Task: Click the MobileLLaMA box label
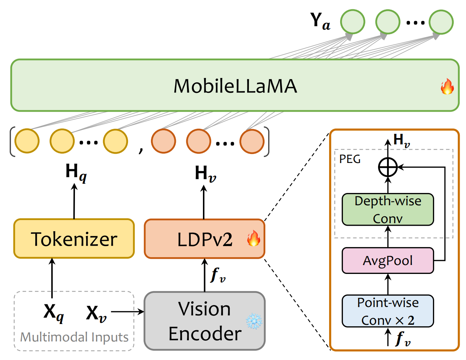tap(235, 86)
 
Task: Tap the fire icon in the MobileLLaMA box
tap(447, 87)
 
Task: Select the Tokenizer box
tap(74, 239)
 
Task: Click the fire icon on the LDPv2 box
tap(254, 238)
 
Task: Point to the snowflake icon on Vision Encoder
tap(254, 321)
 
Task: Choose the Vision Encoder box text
tap(204, 321)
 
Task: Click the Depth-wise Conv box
tap(388, 210)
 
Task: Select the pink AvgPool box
tap(388, 261)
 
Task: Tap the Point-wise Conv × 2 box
tap(388, 311)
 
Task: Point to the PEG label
tap(350, 159)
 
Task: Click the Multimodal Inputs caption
tap(74, 337)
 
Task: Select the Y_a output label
tap(320, 21)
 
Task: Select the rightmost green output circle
tap(441, 22)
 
